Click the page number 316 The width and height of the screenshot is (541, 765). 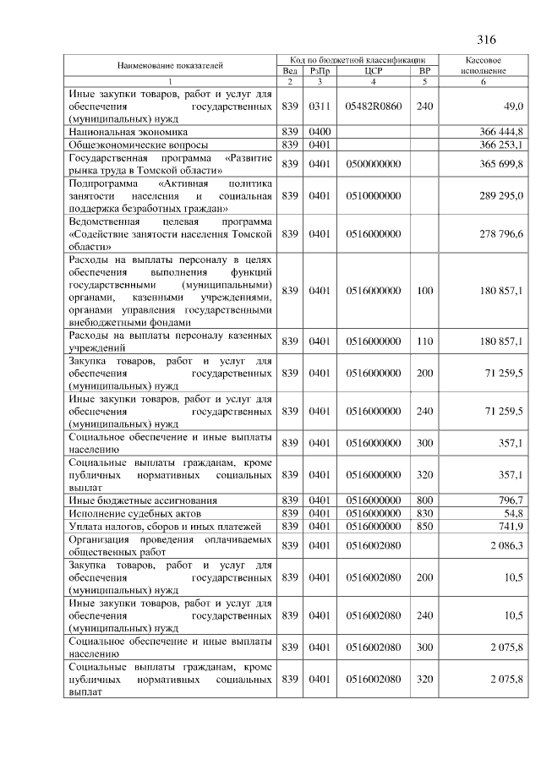[x=486, y=40]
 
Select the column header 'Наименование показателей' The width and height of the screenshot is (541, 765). [x=170, y=65]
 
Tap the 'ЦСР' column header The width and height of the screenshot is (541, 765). [x=373, y=71]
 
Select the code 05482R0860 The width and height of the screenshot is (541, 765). [x=373, y=106]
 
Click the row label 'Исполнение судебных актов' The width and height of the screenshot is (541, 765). [x=134, y=513]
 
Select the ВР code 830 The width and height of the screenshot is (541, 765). [x=424, y=513]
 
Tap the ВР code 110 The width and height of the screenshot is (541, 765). [x=424, y=342]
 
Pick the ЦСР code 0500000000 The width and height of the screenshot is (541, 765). [x=373, y=163]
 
